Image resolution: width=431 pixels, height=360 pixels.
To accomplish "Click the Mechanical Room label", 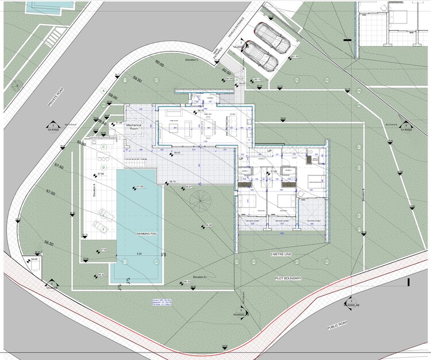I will [134, 127].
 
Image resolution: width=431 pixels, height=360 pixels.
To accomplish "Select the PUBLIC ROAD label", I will [339, 325].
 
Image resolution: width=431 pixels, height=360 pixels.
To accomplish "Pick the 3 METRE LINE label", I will [284, 254].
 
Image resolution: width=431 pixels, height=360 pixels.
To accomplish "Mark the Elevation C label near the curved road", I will [191, 60].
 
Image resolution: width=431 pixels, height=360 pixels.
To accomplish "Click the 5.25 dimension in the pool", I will [139, 253].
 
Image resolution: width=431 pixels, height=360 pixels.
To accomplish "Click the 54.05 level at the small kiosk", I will [34, 259].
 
